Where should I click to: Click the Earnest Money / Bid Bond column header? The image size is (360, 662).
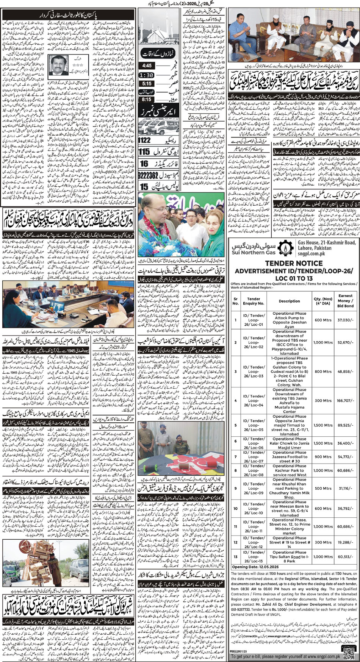pos(345,301)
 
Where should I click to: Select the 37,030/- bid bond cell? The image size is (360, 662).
pos(345,320)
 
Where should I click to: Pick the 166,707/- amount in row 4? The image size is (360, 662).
pos(345,400)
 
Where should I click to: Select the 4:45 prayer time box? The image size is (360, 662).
pos(147,66)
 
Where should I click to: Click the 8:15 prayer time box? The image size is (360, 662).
pos(147,100)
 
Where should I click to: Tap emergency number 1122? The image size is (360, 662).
pos(146,141)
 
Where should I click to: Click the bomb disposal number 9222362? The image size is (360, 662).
pos(149,175)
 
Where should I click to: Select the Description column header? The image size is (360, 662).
pos(289,301)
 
